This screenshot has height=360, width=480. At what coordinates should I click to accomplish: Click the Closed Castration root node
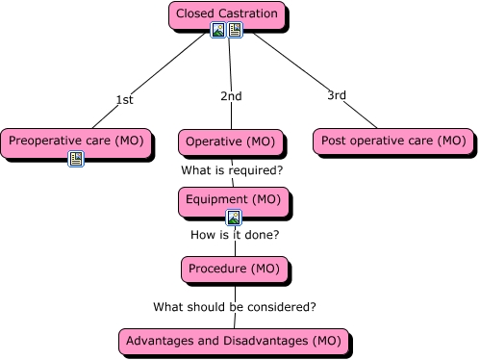[227, 14]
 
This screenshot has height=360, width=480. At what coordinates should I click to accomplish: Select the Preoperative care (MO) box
[76, 141]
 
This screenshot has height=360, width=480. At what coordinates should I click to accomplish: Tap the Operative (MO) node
[228, 141]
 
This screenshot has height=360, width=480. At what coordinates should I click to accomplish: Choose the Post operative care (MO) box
[392, 141]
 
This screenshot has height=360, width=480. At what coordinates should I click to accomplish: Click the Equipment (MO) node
[232, 199]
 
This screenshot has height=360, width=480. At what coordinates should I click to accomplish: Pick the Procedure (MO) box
[234, 269]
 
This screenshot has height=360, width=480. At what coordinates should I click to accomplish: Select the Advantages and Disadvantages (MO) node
[233, 341]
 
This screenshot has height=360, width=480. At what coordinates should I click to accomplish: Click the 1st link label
[124, 99]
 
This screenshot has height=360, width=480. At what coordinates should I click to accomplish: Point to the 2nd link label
[231, 96]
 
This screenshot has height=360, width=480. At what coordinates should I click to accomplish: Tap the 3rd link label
[337, 94]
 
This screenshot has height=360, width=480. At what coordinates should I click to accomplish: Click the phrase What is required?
[232, 170]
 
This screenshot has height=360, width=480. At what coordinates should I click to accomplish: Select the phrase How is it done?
[235, 234]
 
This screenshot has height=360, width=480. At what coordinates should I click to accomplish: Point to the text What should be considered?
[235, 307]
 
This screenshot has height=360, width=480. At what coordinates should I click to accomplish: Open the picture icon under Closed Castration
[218, 31]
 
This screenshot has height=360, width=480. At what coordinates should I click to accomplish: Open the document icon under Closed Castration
[235, 31]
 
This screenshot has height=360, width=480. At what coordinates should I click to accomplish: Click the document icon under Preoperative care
[76, 159]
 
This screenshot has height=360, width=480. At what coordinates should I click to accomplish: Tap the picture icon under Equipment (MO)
[233, 218]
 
